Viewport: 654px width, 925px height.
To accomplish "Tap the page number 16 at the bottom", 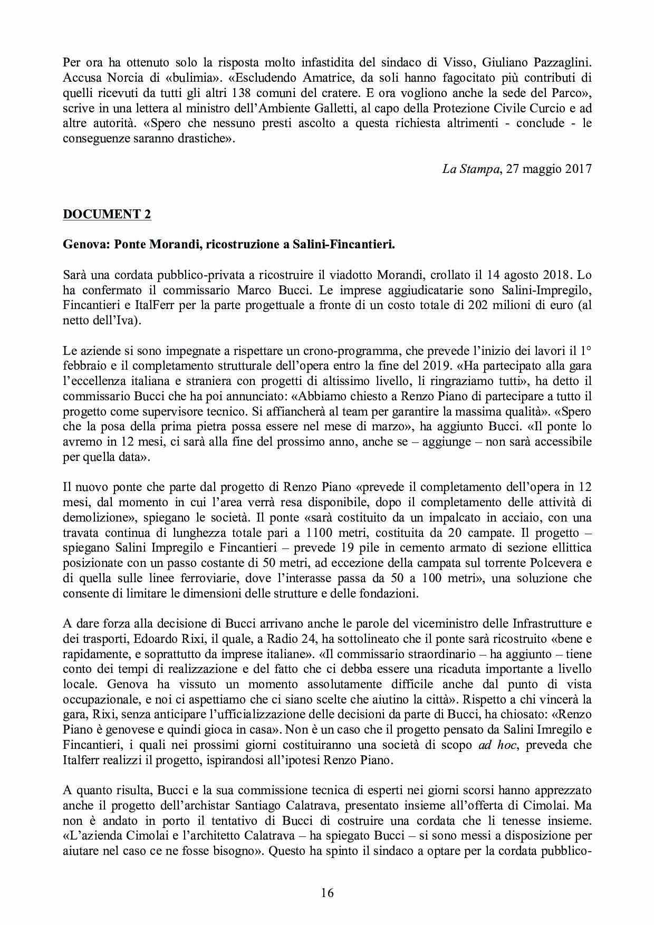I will click(327, 893).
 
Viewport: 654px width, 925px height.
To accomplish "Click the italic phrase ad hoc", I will click(497, 746).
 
